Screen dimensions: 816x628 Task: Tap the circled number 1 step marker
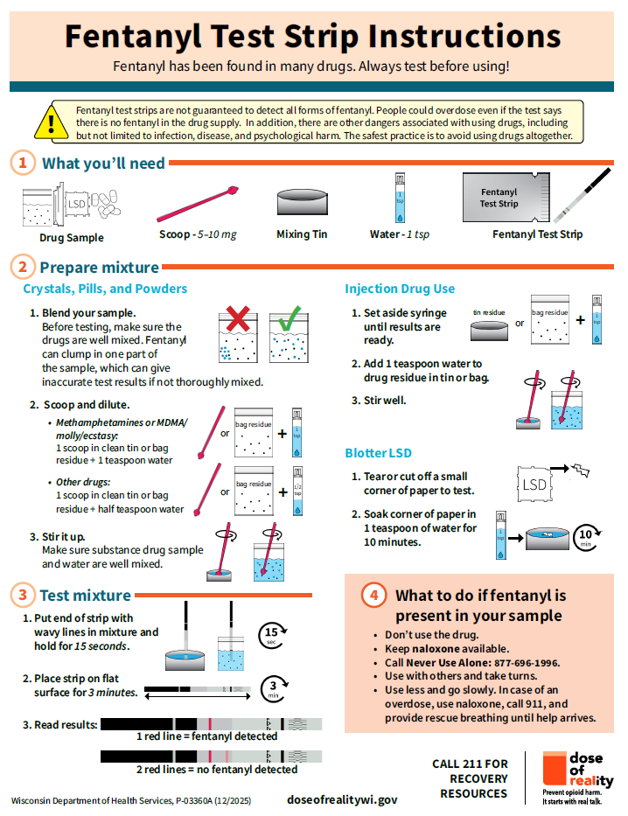24,164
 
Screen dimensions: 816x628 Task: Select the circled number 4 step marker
373,596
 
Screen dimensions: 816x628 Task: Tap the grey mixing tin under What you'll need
302,203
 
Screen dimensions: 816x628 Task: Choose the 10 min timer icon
588,535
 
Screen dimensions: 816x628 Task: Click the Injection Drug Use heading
400,289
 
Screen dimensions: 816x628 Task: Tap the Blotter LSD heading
378,453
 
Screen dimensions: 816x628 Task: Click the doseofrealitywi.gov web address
342,799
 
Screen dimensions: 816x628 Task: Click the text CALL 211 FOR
470,764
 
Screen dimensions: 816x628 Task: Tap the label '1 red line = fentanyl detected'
207,736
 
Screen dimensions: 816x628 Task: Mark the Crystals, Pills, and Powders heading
105,289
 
